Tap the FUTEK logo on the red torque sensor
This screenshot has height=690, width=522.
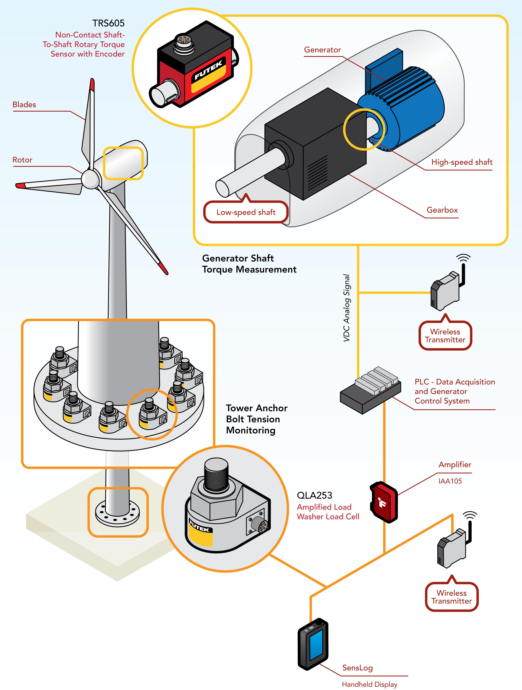tap(208, 70)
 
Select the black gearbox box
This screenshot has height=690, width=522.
tap(315, 143)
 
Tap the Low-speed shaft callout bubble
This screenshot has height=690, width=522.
tap(246, 212)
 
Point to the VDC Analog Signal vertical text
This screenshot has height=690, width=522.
tap(347, 308)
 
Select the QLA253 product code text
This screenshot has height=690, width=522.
tap(314, 495)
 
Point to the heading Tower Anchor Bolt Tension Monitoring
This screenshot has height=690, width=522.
tap(256, 419)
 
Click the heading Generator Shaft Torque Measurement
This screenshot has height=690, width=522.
tap(249, 264)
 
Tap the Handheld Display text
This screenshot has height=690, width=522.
tap(369, 684)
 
